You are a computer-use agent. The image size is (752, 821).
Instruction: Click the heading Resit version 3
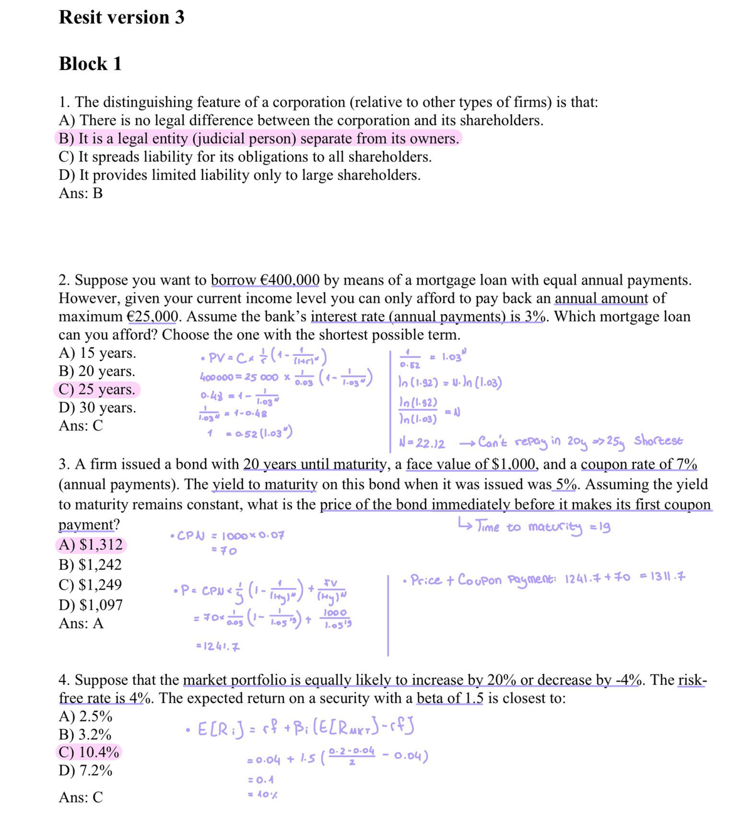(122, 18)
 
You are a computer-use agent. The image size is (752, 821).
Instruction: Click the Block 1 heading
(90, 64)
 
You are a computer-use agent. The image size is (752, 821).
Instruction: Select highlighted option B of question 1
(259, 139)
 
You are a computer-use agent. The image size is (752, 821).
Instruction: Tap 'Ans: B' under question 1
(81, 194)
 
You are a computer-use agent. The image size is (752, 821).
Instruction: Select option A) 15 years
(97, 353)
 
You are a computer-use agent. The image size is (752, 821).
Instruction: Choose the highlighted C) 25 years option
(97, 390)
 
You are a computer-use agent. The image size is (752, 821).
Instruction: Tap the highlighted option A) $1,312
(91, 545)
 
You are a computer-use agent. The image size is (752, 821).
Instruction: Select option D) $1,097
(91, 605)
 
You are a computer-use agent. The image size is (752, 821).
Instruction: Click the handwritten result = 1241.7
(211, 646)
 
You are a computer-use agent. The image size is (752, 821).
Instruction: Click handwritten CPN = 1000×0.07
(227, 536)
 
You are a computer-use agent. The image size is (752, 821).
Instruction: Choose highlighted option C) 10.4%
(88, 753)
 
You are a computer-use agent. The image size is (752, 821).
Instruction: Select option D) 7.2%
(85, 771)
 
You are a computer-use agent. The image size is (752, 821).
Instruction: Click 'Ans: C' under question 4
(81, 798)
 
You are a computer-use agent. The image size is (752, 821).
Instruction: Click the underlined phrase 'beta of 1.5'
(449, 699)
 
